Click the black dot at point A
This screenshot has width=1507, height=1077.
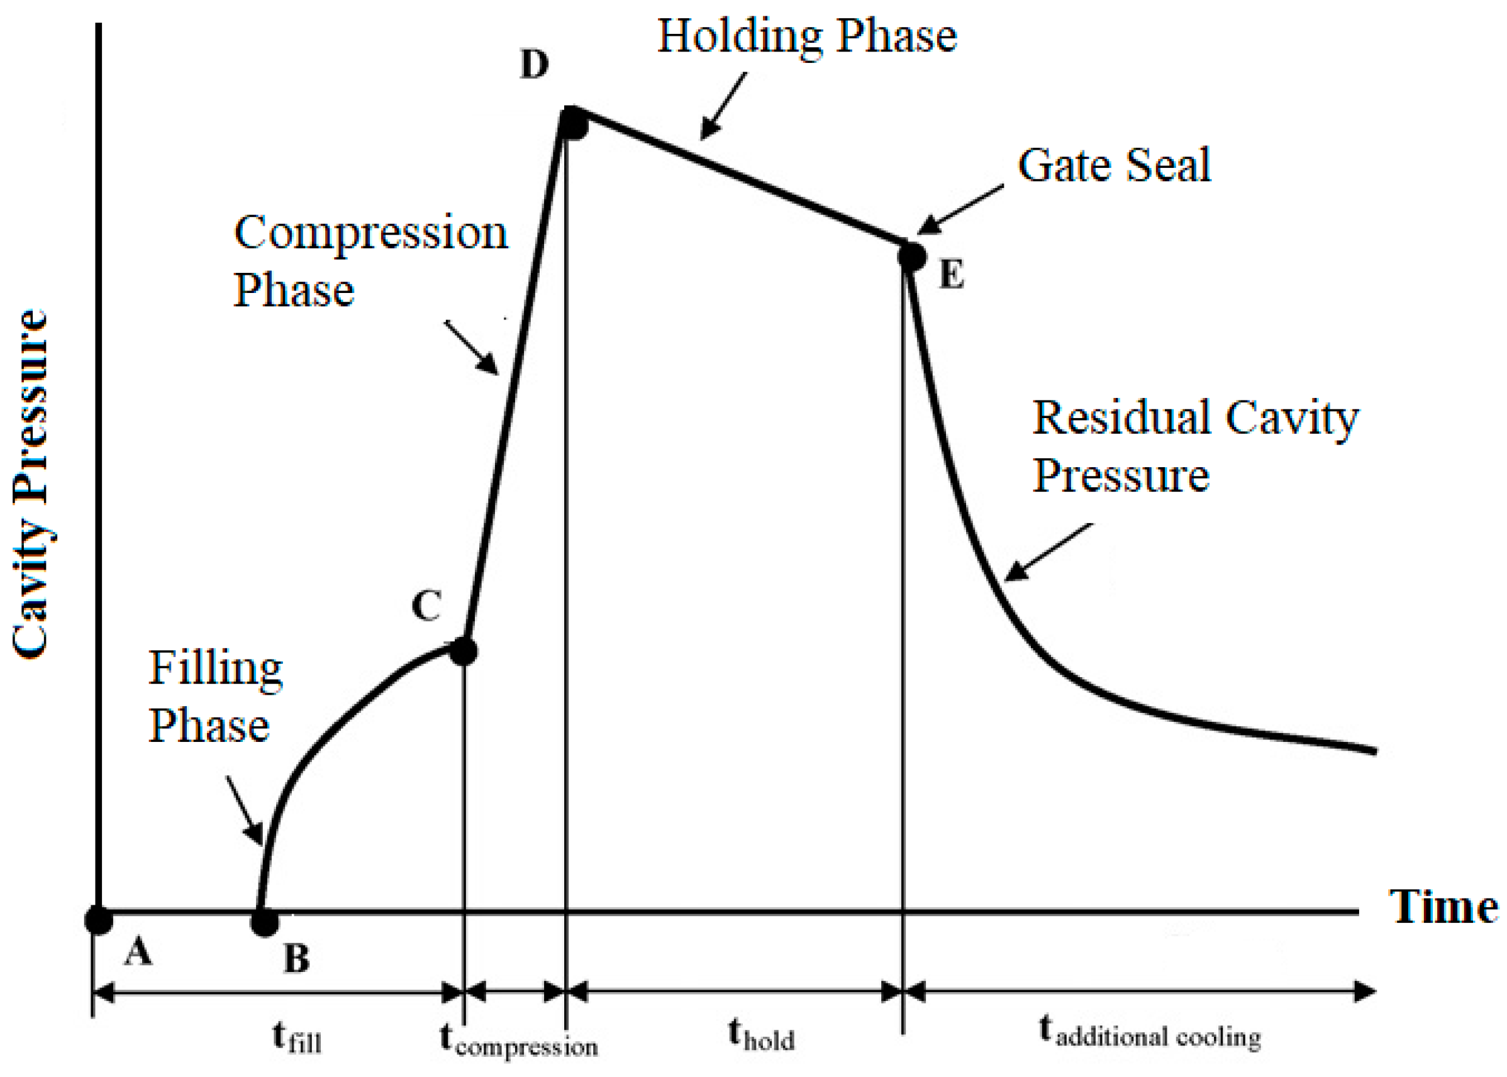(x=99, y=920)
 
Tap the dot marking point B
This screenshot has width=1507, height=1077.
(x=265, y=921)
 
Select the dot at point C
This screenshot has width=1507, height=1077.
(x=463, y=651)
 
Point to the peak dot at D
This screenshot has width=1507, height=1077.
(x=573, y=124)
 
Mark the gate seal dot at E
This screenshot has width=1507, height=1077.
(x=912, y=255)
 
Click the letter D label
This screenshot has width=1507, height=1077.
(x=535, y=65)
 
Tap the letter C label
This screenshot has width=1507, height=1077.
(x=426, y=605)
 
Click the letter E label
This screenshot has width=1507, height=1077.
(x=951, y=275)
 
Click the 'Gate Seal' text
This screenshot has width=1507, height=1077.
(x=1115, y=165)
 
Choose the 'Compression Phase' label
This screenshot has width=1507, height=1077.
(x=370, y=262)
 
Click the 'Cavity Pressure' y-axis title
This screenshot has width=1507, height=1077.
(x=31, y=484)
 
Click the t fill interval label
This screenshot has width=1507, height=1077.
(x=297, y=1037)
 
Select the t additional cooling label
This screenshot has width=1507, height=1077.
(x=1150, y=1032)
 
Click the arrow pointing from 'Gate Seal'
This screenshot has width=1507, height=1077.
(x=960, y=209)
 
